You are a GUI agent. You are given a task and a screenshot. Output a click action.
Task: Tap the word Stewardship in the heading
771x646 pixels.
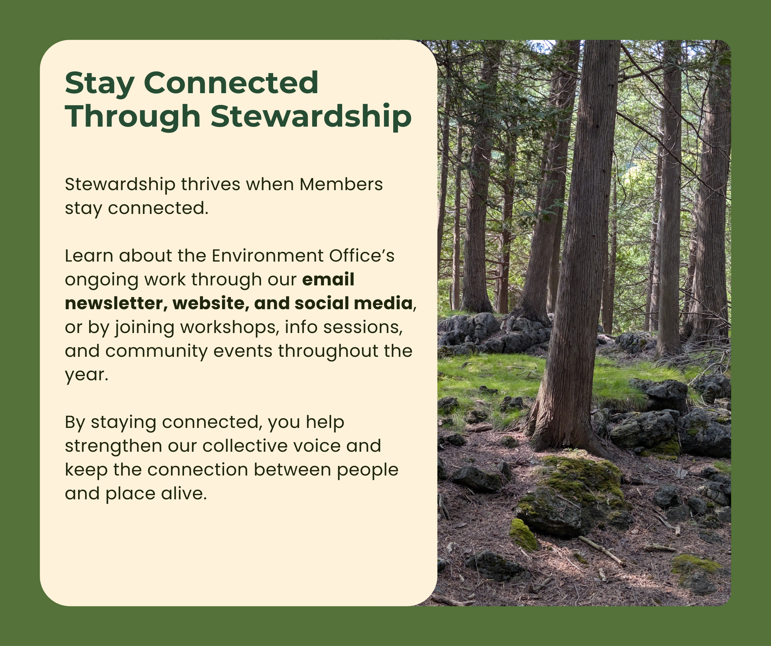[x=311, y=117]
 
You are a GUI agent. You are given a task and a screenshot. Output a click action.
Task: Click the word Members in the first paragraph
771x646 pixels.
[x=341, y=184]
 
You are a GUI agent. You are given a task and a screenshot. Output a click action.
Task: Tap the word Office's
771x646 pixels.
[x=362, y=256]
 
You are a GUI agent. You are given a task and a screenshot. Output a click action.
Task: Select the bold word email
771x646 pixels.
[x=328, y=280]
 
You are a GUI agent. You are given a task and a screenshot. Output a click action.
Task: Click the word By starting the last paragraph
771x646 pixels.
[x=75, y=423]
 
